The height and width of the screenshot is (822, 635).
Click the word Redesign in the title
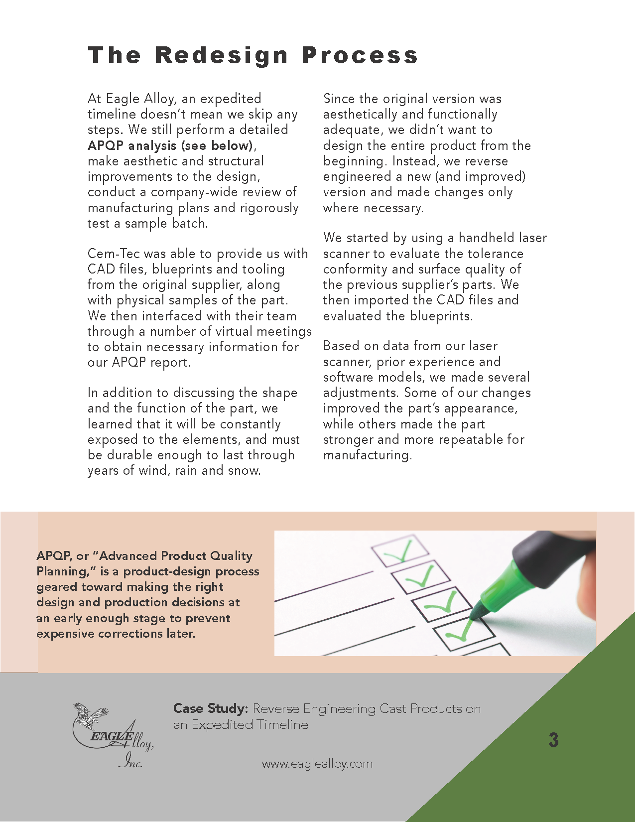tap(222, 55)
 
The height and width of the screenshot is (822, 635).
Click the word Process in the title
tap(360, 55)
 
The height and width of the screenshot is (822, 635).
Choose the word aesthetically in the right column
tap(361, 114)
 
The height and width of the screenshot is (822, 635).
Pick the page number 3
tap(553, 740)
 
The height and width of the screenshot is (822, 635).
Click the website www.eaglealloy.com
tap(317, 764)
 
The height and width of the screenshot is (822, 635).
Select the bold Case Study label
tap(210, 708)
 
